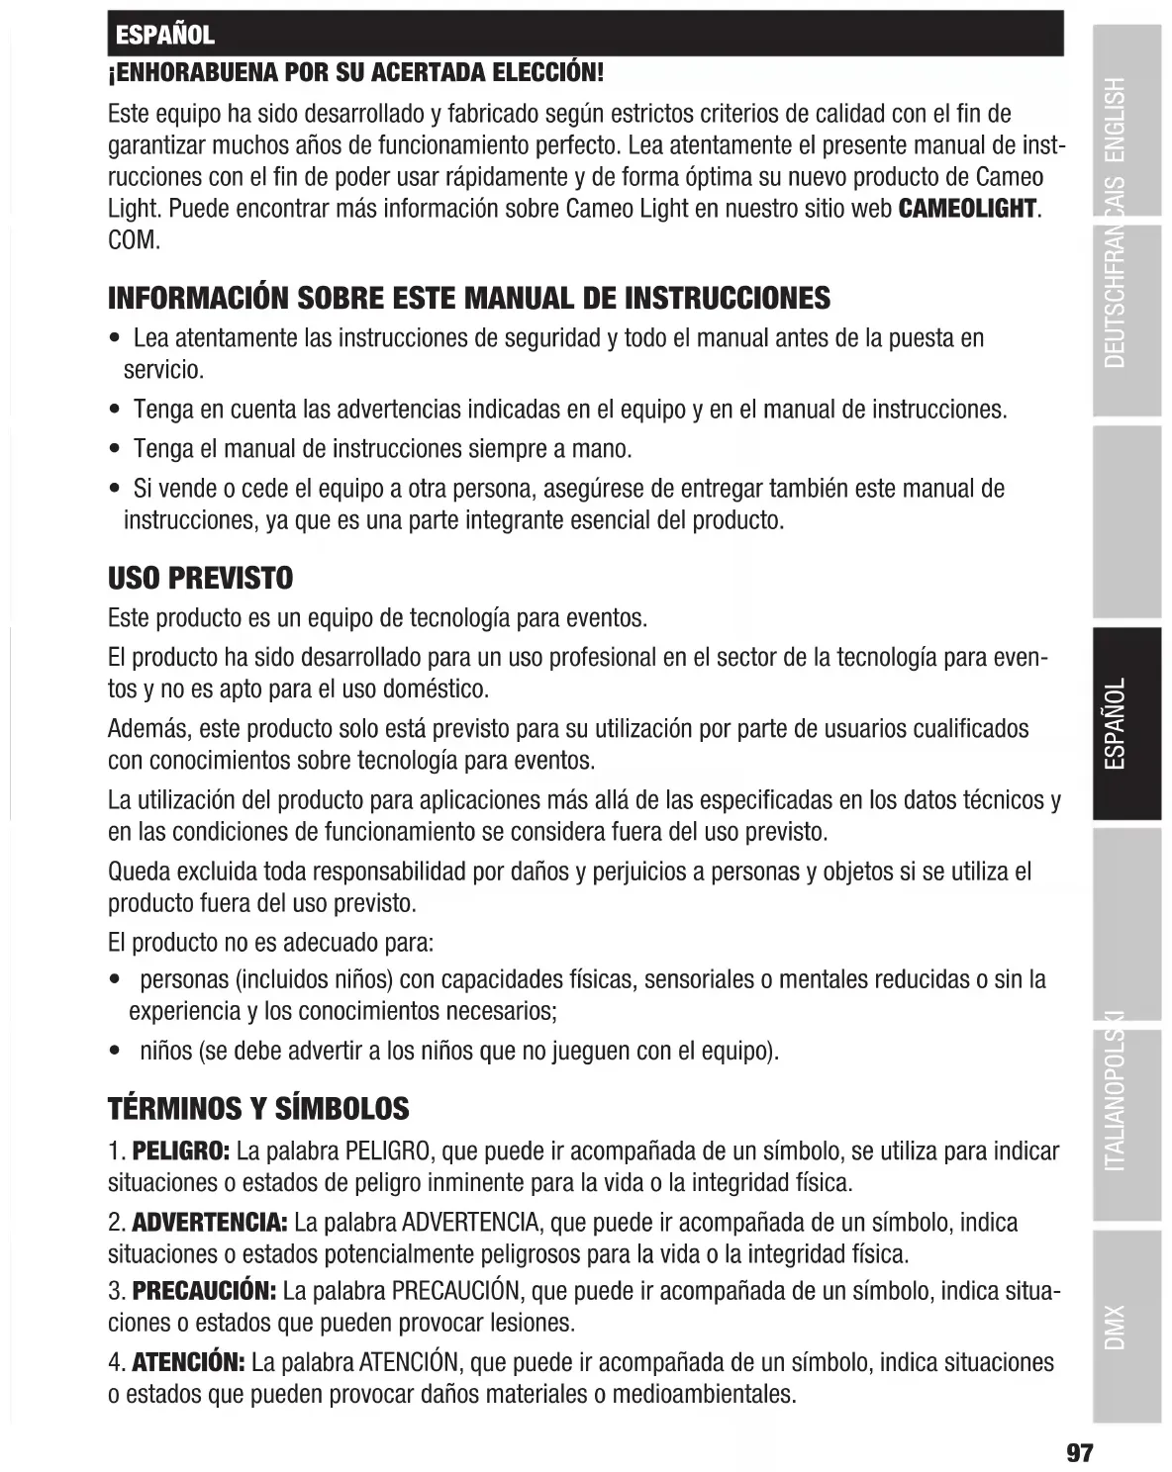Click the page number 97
(1078, 1452)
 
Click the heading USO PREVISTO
(200, 579)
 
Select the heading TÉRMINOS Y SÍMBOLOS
(257, 1108)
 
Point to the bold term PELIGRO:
(181, 1151)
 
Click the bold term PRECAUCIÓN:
(204, 1292)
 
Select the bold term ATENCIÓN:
(189, 1363)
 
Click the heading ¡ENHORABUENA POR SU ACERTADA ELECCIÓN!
(355, 72)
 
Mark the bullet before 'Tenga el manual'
(115, 450)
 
